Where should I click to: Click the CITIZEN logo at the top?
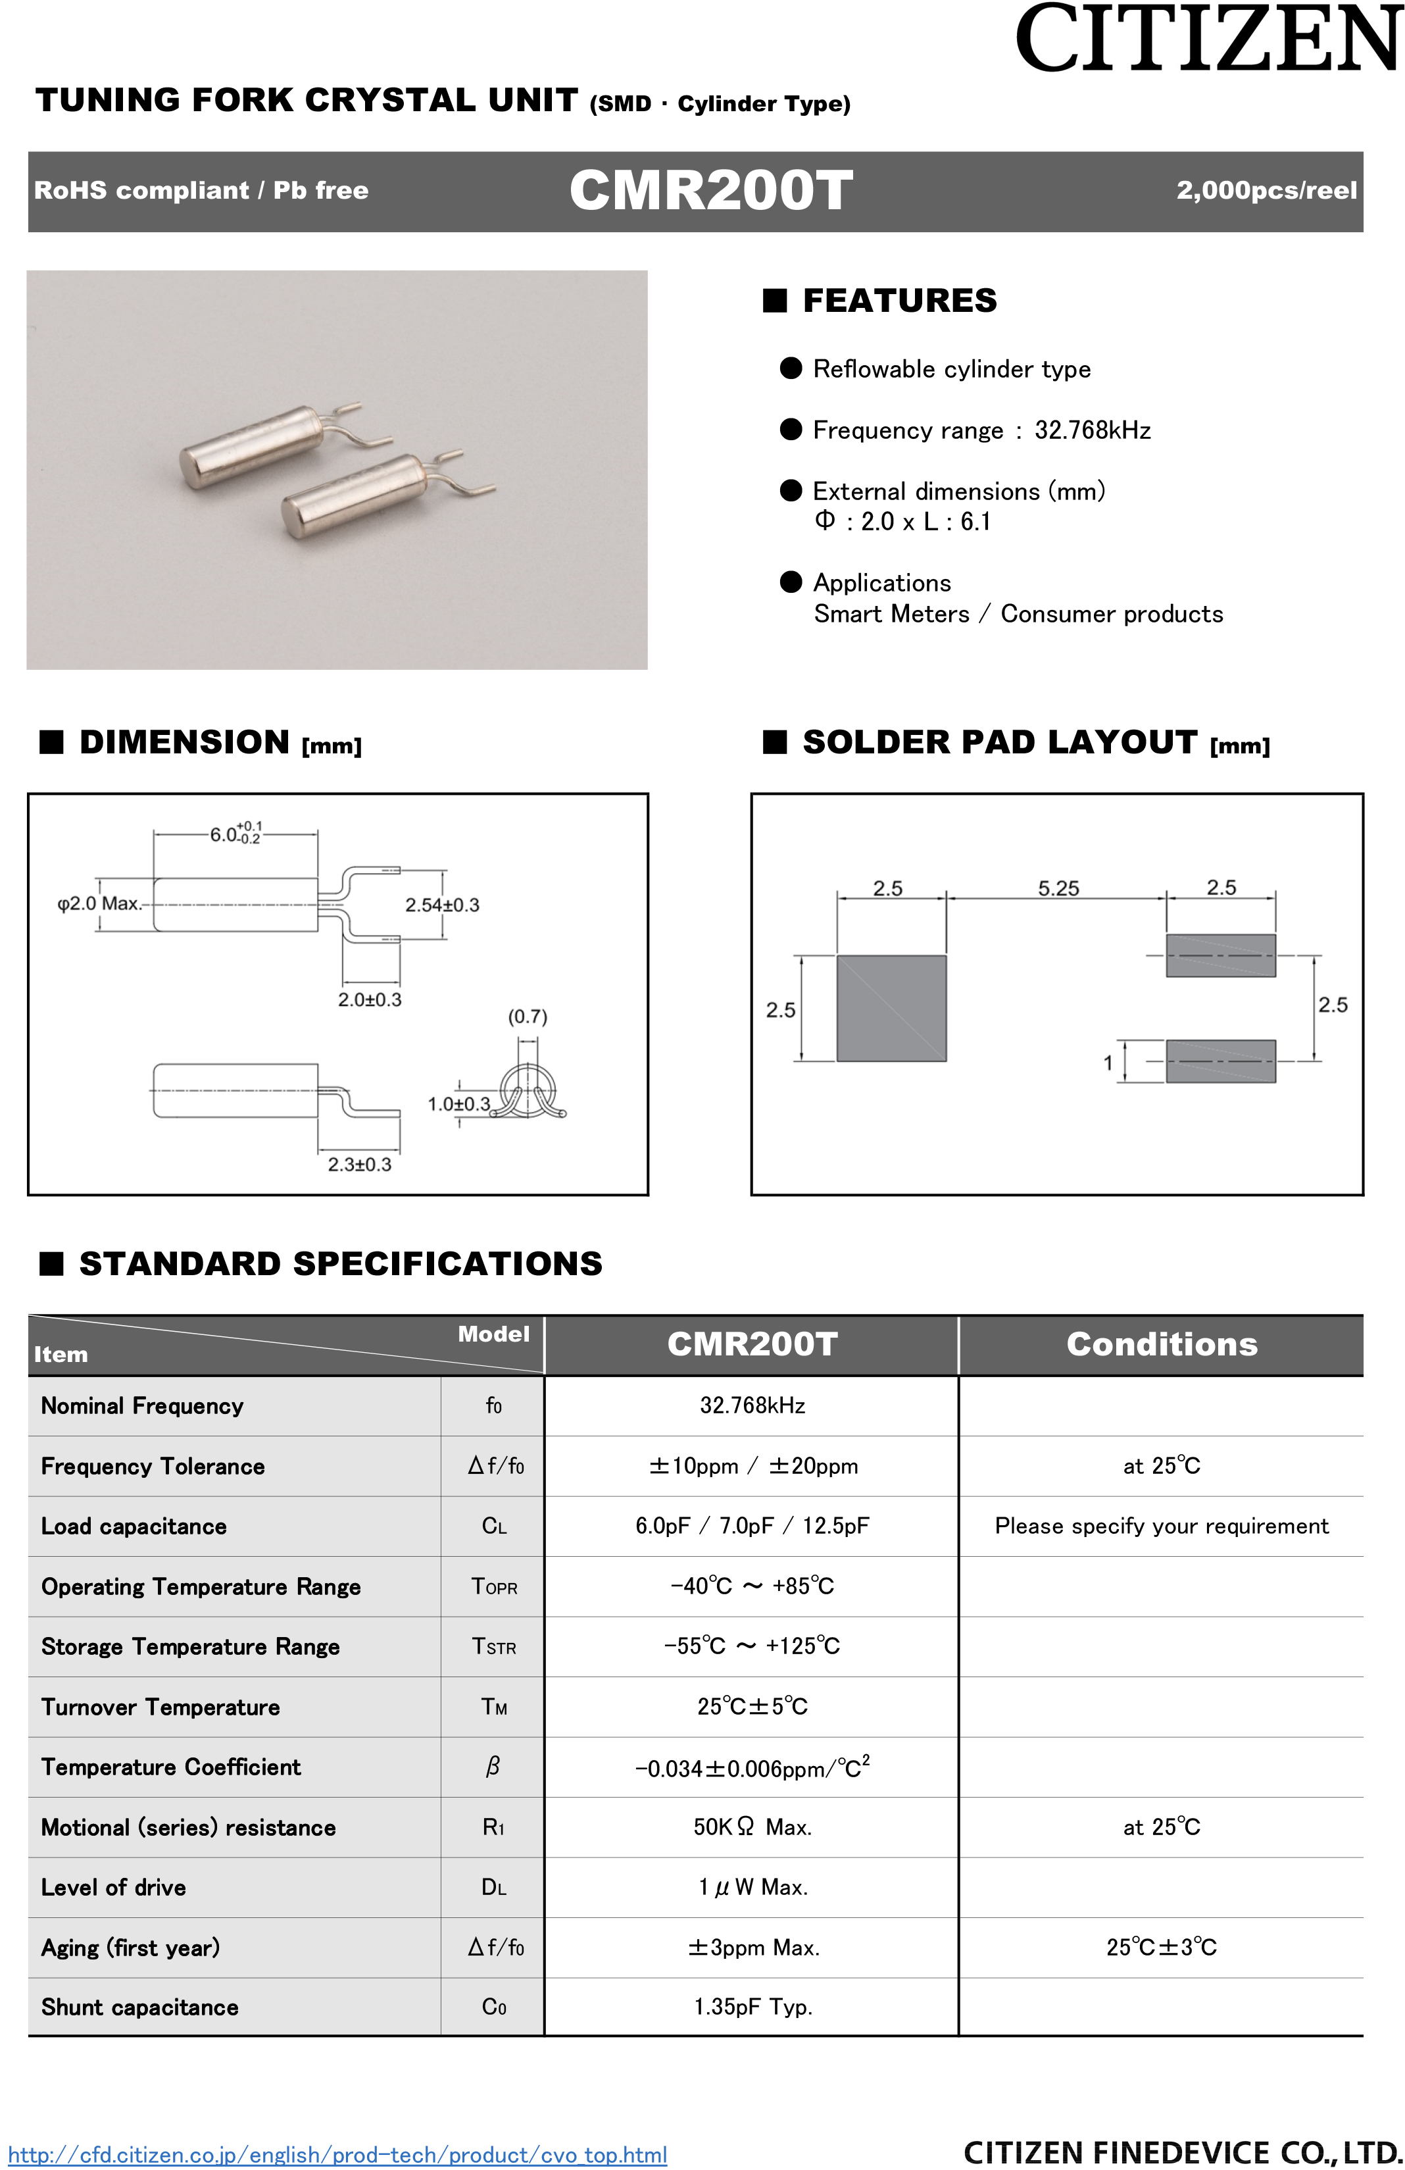tap(1208, 39)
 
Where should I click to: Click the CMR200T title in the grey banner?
tap(710, 191)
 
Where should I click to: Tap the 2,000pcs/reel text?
tap(1266, 191)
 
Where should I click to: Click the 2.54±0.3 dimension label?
tap(442, 905)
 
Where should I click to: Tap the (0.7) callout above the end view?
tap(527, 1017)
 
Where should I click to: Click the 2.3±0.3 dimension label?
tap(359, 1165)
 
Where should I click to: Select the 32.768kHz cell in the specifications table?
tap(752, 1405)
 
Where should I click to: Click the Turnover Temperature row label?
tap(160, 1707)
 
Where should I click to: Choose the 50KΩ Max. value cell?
tap(752, 1827)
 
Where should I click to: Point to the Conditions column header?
tap(1162, 1345)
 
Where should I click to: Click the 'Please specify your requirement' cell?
tap(1162, 1527)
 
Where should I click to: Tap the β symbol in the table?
tap(493, 1767)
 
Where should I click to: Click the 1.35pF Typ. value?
tap(752, 2007)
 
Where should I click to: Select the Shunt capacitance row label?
tap(139, 2007)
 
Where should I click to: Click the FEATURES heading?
tap(899, 301)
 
